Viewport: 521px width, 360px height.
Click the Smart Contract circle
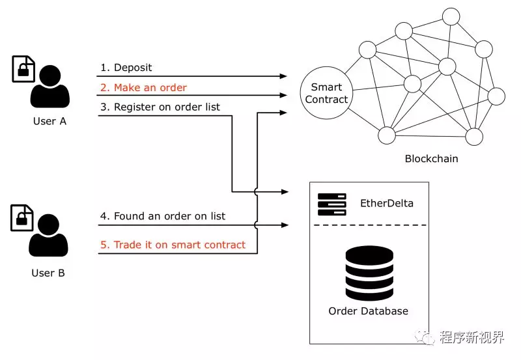[x=327, y=94]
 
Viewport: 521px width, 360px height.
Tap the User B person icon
[x=49, y=236]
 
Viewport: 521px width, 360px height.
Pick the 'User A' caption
[x=49, y=122]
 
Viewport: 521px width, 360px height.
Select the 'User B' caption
[x=48, y=273]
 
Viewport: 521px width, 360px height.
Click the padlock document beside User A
[x=23, y=68]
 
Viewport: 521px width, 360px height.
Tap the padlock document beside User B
[x=21, y=218]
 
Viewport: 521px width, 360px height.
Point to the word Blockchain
[x=431, y=159]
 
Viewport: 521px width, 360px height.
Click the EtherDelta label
[x=386, y=203]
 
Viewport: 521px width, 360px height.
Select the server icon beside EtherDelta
[x=331, y=204]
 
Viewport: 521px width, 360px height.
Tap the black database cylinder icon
[x=368, y=270]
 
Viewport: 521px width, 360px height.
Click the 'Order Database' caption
[x=368, y=311]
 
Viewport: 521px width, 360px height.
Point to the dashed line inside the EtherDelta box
[x=368, y=225]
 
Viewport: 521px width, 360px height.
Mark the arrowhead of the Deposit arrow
[x=283, y=76]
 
